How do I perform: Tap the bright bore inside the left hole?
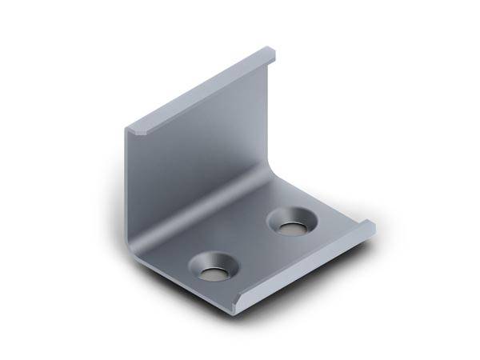pyautogui.click(x=213, y=274)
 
